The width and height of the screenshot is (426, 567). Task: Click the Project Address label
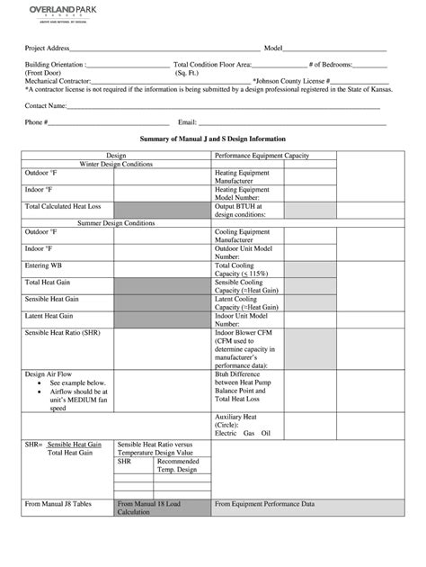point(47,48)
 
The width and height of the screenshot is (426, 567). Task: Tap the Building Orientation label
point(55,65)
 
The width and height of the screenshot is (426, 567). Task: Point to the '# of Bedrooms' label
point(332,65)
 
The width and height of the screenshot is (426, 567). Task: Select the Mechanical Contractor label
point(58,81)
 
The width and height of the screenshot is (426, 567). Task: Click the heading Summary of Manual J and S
point(214,139)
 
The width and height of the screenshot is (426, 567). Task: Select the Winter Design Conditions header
point(116,165)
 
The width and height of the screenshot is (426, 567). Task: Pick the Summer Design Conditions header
point(116,221)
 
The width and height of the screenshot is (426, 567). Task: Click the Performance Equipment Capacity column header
point(262,156)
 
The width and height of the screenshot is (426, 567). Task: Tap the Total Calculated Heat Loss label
point(62,206)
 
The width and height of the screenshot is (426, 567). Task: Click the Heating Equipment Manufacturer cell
point(242,176)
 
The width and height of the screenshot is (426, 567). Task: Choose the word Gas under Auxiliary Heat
point(248,433)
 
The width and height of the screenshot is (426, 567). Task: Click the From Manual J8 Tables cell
point(58,505)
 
